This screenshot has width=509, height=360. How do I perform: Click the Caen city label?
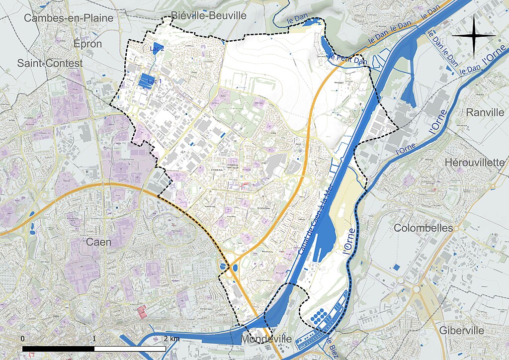(x=98, y=242)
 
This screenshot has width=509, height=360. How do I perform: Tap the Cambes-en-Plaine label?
(x=69, y=18)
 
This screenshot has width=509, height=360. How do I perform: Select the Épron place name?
(x=87, y=44)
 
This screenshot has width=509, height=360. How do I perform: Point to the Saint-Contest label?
(x=50, y=63)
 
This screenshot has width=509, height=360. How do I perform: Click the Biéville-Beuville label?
(x=208, y=15)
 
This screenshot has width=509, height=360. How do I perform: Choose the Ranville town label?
(x=485, y=112)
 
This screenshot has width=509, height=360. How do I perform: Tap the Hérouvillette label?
(x=474, y=163)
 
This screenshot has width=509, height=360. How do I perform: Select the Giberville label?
(x=461, y=331)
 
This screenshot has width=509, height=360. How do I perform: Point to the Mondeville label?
(x=266, y=339)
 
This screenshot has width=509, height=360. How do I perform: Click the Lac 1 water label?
(x=156, y=81)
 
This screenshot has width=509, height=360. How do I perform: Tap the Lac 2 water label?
(x=157, y=48)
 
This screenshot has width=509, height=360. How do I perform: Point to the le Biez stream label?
(x=333, y=346)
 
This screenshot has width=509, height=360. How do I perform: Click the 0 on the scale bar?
(x=23, y=339)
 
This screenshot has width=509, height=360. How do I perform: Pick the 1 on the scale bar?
(x=94, y=339)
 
